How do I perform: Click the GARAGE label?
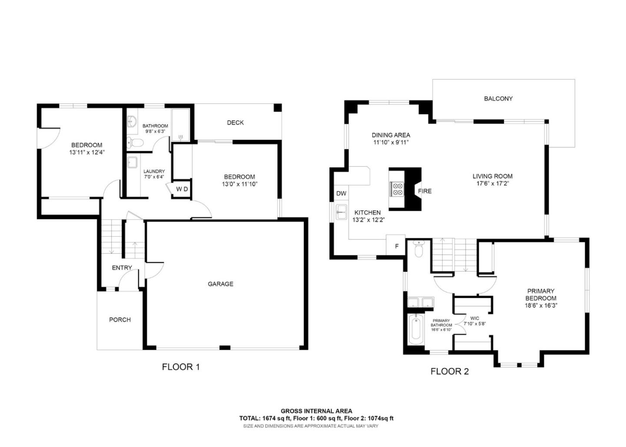tap(220, 284)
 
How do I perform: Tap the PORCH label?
tap(120, 319)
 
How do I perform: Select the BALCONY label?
tap(498, 99)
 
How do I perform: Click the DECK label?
tap(235, 123)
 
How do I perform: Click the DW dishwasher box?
tap(341, 193)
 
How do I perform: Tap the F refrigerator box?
tap(396, 246)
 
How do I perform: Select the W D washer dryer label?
tap(182, 189)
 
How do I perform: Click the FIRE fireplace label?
tap(424, 191)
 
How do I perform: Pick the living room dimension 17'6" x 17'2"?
tap(493, 183)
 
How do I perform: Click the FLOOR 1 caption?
tap(180, 367)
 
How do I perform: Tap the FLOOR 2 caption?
tap(450, 371)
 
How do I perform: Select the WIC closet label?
tap(474, 318)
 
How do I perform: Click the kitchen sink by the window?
tap(342, 212)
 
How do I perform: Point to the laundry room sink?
tap(132, 162)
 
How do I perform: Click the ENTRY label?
tap(122, 268)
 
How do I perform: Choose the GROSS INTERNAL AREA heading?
tap(316, 411)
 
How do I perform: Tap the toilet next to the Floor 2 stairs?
tap(419, 249)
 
